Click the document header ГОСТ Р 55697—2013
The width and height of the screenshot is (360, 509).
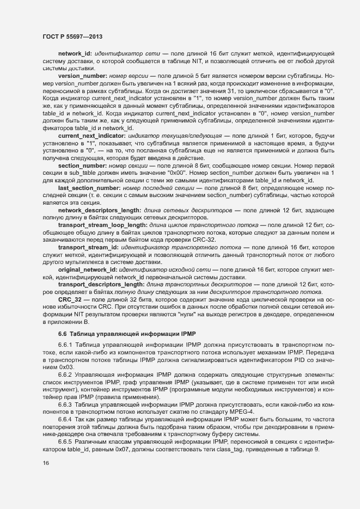click(x=73, y=36)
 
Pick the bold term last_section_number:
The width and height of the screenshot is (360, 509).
click(x=90, y=187)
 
